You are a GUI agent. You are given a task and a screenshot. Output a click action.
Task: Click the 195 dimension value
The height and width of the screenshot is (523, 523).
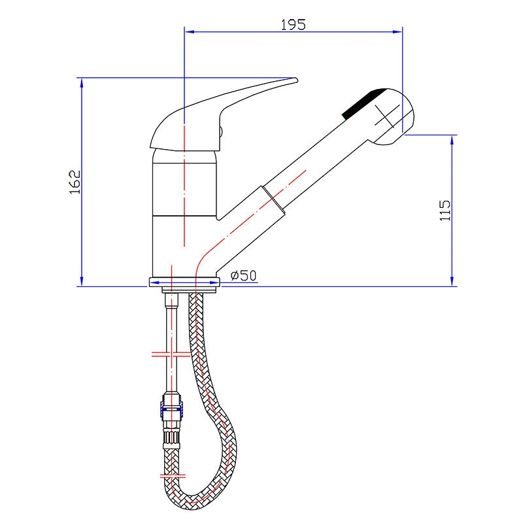(x=293, y=25)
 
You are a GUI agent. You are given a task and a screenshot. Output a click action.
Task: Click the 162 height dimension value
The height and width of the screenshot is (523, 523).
(x=75, y=182)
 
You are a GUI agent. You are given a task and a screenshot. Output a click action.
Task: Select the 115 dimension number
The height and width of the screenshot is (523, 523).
(x=445, y=210)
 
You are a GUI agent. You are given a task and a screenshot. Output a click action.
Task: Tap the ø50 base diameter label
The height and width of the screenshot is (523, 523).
(x=244, y=275)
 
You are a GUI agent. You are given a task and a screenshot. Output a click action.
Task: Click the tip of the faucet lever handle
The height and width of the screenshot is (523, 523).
(x=297, y=80)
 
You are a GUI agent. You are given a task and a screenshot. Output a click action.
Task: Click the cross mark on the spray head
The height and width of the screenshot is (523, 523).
(x=387, y=116)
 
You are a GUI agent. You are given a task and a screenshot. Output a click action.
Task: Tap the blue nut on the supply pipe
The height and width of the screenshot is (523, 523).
(x=172, y=413)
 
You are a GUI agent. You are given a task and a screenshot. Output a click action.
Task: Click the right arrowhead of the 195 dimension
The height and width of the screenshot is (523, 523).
(x=397, y=31)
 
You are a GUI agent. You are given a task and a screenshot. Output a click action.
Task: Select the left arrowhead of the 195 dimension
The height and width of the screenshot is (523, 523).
(x=190, y=31)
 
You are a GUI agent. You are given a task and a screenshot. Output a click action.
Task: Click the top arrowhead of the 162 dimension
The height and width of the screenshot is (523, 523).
(x=82, y=83)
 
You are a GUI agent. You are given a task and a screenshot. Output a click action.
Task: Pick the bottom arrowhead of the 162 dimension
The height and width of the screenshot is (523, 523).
(x=82, y=281)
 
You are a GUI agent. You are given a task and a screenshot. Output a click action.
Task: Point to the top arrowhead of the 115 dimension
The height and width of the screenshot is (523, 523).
(x=452, y=140)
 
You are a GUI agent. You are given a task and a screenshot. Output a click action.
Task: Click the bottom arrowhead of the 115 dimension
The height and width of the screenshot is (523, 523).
(x=452, y=281)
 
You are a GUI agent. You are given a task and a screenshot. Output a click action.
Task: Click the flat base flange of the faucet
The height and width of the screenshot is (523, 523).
(x=184, y=282)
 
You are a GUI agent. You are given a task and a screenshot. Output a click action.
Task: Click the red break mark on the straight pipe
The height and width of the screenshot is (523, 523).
(x=171, y=354)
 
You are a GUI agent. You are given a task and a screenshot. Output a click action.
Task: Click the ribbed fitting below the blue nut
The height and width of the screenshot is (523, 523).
(x=171, y=436)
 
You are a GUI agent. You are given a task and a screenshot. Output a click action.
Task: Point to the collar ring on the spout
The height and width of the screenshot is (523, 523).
(x=273, y=201)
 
